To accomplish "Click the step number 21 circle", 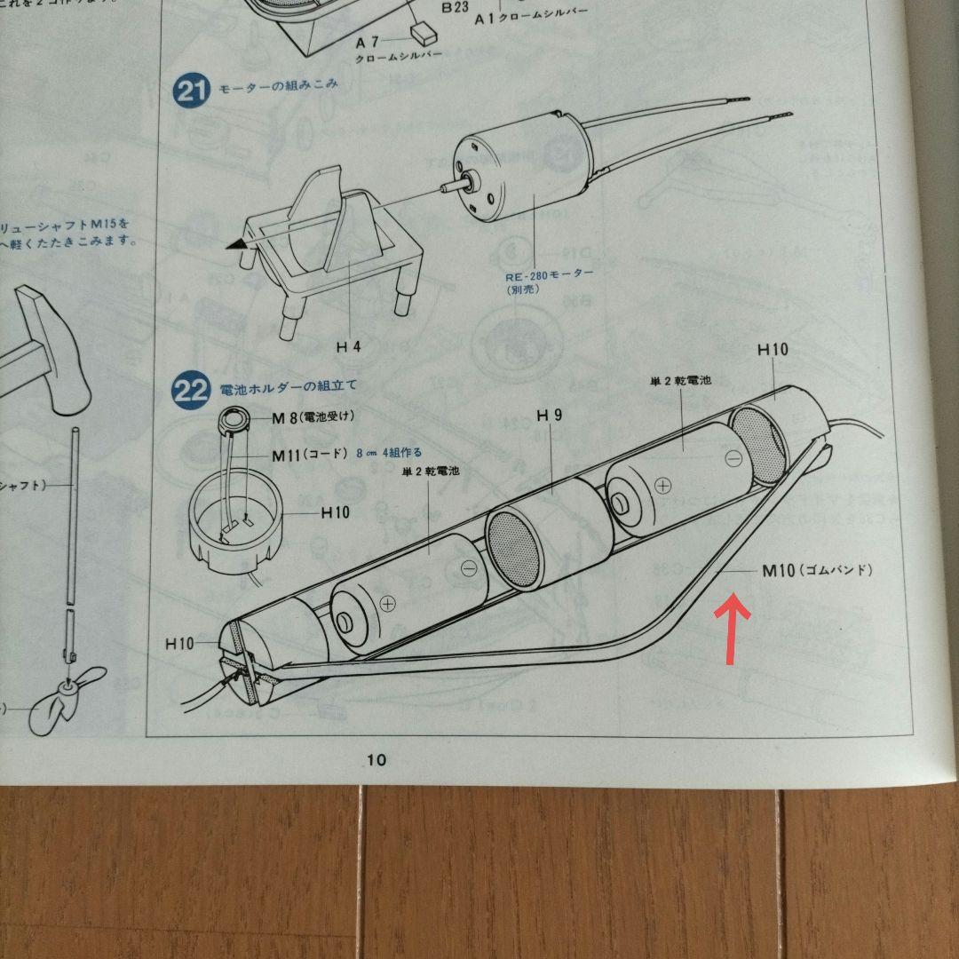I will (191, 91).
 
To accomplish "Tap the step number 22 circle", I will (190, 391).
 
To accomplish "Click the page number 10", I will (376, 759).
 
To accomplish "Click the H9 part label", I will (549, 416).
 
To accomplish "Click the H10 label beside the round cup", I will (336, 512).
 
